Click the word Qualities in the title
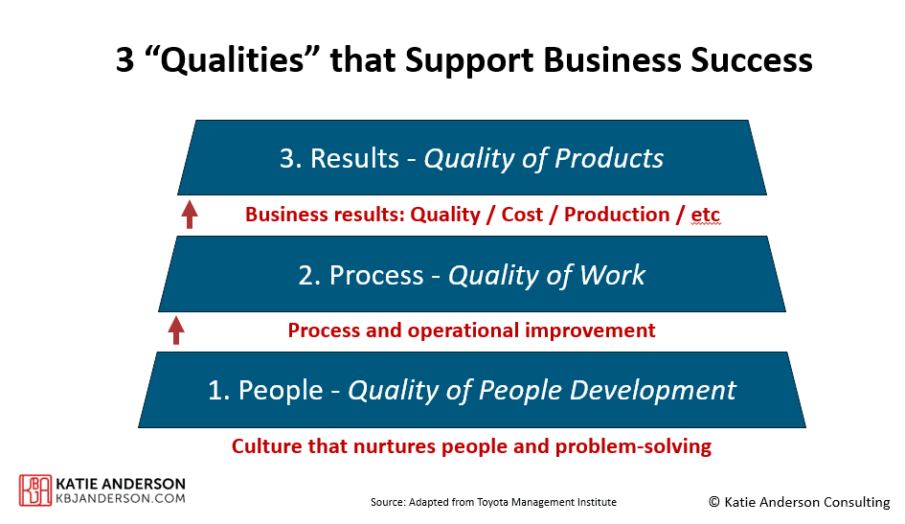[x=232, y=60]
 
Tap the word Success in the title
[x=752, y=59]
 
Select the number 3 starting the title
[x=124, y=60]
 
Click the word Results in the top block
[x=354, y=158]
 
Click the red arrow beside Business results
[x=190, y=214]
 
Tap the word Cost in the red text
[x=522, y=215]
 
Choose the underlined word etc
[x=705, y=216]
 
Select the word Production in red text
[x=617, y=215]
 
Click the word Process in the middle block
[x=376, y=275]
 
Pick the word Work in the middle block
[x=612, y=275]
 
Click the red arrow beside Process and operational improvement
[x=176, y=330]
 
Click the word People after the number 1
[x=281, y=390]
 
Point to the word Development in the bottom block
[x=653, y=390]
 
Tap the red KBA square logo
[x=35, y=490]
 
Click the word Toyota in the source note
[x=492, y=502]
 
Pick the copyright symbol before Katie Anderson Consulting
[x=714, y=502]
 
